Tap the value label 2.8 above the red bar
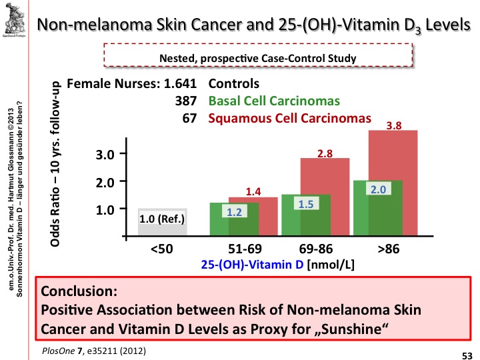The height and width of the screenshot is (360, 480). pyautogui.click(x=325, y=153)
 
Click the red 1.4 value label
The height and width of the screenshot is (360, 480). pyautogui.click(x=254, y=191)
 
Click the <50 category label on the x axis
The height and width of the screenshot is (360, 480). pyautogui.click(x=163, y=249)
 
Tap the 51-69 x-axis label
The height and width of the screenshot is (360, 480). pyautogui.click(x=244, y=249)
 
